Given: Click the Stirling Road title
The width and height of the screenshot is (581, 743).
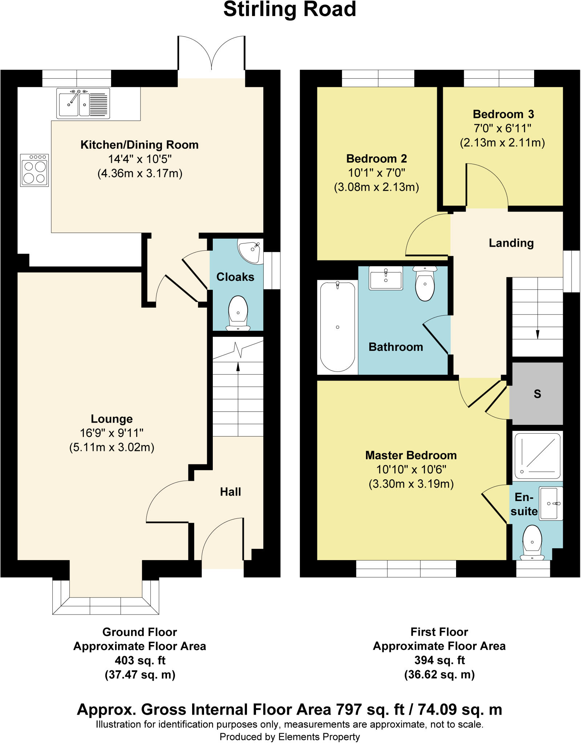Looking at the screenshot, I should tap(289, 9).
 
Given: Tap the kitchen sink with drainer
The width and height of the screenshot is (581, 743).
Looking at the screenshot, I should tap(83, 103).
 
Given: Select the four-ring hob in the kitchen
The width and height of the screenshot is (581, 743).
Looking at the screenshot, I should tap(34, 170).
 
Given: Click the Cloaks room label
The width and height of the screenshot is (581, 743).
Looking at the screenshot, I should tap(235, 277).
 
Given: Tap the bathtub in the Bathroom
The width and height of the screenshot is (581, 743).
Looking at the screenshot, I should tap(337, 327).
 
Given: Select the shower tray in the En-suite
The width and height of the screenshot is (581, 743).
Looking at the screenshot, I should tap(537, 456).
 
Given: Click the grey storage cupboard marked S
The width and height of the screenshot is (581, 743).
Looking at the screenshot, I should tap(537, 394).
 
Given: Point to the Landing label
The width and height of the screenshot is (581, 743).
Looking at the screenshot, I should tap(511, 243).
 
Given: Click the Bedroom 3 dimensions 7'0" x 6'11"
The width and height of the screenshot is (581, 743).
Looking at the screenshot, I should tap(503, 128).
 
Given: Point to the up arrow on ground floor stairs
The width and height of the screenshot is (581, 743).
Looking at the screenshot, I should tap(238, 367).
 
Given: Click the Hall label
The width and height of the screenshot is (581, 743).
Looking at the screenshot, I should tap(230, 492).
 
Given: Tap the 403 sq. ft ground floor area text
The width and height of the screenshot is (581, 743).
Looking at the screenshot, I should tap(140, 660).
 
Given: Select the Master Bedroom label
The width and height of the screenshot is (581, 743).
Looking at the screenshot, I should tap(411, 455).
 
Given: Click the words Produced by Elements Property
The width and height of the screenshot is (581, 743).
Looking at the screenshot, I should tap(289, 737).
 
